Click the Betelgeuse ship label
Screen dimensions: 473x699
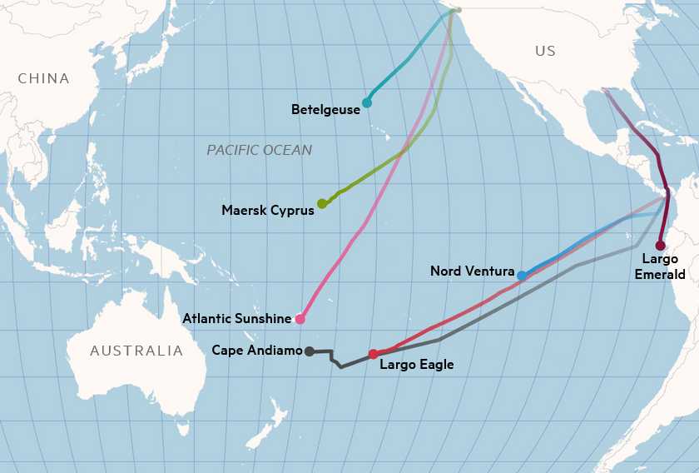click(x=325, y=109)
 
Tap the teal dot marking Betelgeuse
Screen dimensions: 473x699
click(x=366, y=102)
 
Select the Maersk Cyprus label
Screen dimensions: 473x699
click(x=268, y=210)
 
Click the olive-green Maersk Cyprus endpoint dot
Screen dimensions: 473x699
click(x=322, y=204)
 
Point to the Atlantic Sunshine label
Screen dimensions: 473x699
click(x=237, y=318)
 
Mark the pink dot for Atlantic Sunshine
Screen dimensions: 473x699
click(x=300, y=319)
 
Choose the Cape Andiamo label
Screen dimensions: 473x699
click(x=257, y=351)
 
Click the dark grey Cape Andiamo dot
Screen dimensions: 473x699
click(x=309, y=351)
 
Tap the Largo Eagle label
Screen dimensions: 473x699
click(x=416, y=364)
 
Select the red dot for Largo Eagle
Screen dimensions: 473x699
click(x=373, y=354)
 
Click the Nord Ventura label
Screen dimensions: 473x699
click(x=472, y=271)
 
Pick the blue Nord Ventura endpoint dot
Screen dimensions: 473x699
click(x=521, y=276)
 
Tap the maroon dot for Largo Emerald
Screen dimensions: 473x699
click(x=660, y=246)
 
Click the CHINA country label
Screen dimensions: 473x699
click(x=43, y=79)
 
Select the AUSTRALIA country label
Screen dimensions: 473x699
click(x=136, y=351)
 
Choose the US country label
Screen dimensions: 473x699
click(x=545, y=52)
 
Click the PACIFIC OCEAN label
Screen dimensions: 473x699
click(x=259, y=150)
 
